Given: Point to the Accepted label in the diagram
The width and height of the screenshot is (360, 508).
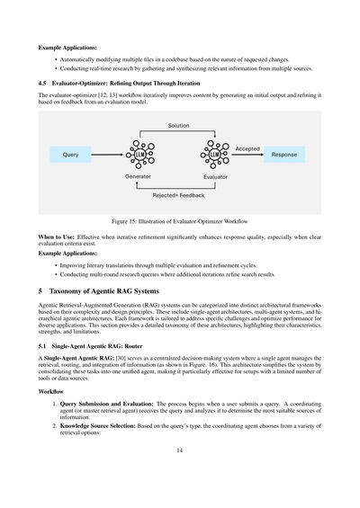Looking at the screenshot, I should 247,148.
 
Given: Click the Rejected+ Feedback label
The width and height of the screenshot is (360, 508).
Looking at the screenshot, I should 177,195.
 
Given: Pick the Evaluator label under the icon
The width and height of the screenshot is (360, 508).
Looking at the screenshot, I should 215,177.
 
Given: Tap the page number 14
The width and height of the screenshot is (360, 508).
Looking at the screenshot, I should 180,483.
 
